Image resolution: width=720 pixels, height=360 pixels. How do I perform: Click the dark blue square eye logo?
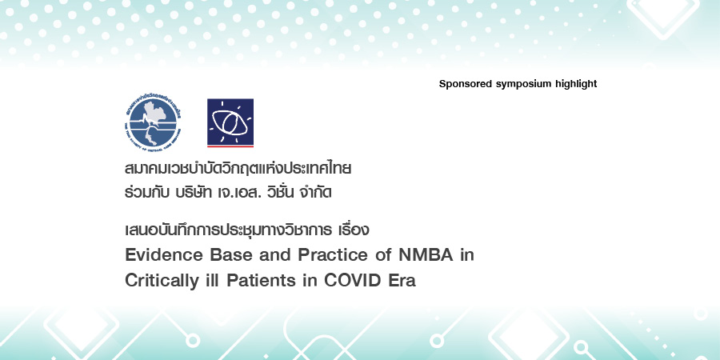pos(230,121)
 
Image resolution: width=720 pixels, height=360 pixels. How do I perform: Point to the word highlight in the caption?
pos(576,84)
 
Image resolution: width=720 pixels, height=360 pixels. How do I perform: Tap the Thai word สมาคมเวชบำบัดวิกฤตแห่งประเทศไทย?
pos(238,170)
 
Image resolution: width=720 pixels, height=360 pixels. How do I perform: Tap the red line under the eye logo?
pos(230,147)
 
